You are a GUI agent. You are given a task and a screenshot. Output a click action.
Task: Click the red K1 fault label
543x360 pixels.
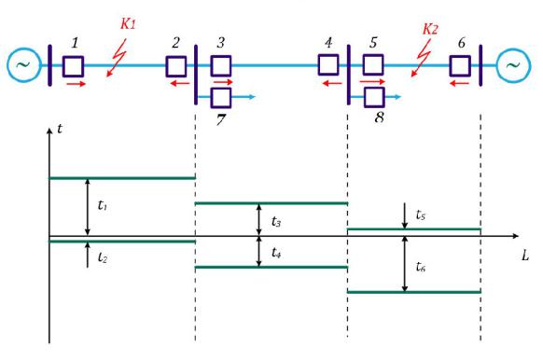point(128,24)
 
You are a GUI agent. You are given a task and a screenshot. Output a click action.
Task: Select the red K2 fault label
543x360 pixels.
point(430,29)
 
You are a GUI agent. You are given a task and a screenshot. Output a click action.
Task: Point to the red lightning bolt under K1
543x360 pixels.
point(117,58)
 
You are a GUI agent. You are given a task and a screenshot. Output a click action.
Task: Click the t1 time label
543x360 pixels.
point(102,205)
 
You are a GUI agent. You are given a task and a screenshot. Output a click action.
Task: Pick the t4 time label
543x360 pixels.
point(276,253)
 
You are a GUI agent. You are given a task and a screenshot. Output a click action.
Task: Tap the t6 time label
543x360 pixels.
point(421,267)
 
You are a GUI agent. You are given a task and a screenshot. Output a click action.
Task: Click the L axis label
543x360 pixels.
point(525,256)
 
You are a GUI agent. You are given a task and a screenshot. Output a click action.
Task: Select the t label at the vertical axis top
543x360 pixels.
point(60,129)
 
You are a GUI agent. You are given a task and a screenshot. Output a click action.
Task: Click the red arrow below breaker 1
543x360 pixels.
point(77,84)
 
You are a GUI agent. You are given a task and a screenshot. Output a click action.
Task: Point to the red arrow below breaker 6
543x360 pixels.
point(460,83)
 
